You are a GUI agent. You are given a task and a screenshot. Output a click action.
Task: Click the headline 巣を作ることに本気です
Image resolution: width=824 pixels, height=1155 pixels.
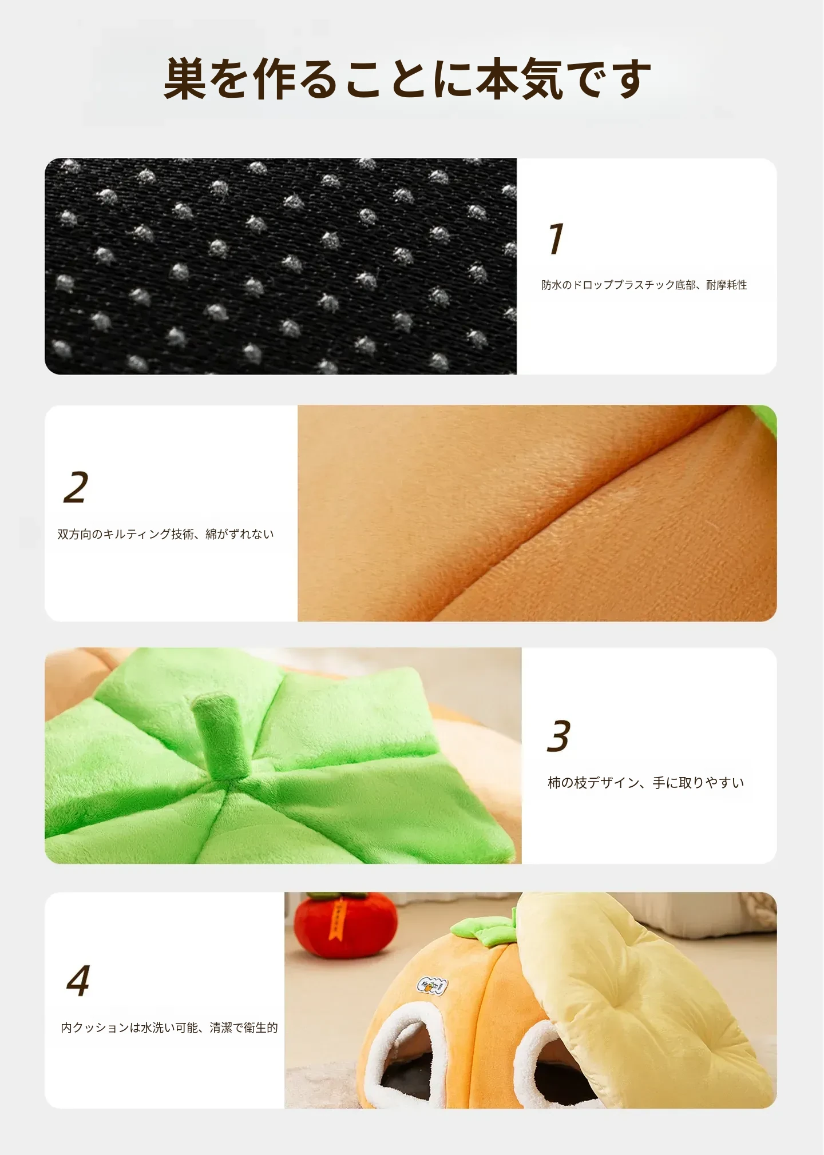[x=407, y=79]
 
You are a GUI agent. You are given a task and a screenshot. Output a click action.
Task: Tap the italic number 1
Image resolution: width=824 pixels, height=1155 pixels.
[x=556, y=238]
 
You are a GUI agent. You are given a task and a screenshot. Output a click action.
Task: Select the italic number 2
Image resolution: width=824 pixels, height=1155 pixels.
[x=76, y=487]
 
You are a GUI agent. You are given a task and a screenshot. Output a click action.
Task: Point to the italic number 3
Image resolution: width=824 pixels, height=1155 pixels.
[x=558, y=736]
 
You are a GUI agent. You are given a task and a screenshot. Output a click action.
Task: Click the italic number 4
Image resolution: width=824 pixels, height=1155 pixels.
[x=78, y=981]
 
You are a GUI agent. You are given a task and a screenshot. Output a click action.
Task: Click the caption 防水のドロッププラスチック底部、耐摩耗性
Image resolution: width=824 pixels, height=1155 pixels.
[x=644, y=285]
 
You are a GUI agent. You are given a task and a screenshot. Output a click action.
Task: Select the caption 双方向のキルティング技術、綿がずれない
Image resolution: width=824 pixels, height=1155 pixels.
[x=165, y=534]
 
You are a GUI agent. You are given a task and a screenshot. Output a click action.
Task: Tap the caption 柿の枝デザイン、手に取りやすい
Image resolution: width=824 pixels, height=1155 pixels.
[x=645, y=783]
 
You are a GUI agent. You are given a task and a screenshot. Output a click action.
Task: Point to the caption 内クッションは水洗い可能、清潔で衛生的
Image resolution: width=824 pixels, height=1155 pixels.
[x=169, y=1027]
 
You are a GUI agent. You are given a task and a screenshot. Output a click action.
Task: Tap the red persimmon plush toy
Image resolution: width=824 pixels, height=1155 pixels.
[x=345, y=925]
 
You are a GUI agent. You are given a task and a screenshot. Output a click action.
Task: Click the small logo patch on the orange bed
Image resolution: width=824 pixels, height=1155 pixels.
[x=432, y=985]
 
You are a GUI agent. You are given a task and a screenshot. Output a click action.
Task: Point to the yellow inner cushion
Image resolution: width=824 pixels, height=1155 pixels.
[x=641, y=995]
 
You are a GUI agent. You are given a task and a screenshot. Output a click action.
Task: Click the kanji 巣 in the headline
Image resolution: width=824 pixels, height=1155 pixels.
[x=185, y=79]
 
